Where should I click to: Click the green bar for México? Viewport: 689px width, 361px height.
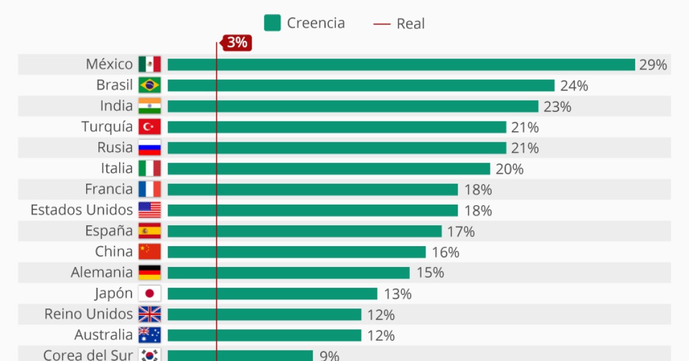click(x=401, y=65)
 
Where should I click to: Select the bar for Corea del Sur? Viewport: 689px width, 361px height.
click(x=240, y=356)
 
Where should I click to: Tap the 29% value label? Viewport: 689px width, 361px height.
click(x=653, y=65)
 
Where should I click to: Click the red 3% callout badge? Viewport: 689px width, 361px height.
click(x=237, y=43)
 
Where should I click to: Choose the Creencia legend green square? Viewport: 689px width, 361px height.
click(x=272, y=23)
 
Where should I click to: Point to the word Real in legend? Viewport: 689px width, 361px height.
click(x=410, y=24)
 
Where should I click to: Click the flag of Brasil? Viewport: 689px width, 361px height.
click(x=150, y=86)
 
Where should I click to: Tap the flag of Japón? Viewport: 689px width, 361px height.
click(x=150, y=293)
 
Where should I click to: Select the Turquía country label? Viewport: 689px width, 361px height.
click(x=107, y=127)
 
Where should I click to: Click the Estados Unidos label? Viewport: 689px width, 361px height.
click(x=81, y=210)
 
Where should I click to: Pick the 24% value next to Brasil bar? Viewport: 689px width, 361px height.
click(x=574, y=86)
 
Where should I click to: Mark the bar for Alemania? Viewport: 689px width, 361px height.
click(x=288, y=272)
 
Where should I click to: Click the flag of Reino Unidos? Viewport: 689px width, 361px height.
click(x=150, y=314)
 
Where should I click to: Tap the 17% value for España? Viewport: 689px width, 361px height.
click(x=461, y=232)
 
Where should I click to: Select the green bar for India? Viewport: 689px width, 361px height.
click(x=353, y=106)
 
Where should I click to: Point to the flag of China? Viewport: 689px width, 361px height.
click(x=150, y=252)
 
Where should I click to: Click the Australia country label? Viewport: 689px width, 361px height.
click(x=103, y=335)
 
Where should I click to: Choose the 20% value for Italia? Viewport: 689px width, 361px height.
click(x=509, y=169)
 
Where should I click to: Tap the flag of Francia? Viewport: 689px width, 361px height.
click(x=150, y=189)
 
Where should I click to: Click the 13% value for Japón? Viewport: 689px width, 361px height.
click(x=398, y=294)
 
